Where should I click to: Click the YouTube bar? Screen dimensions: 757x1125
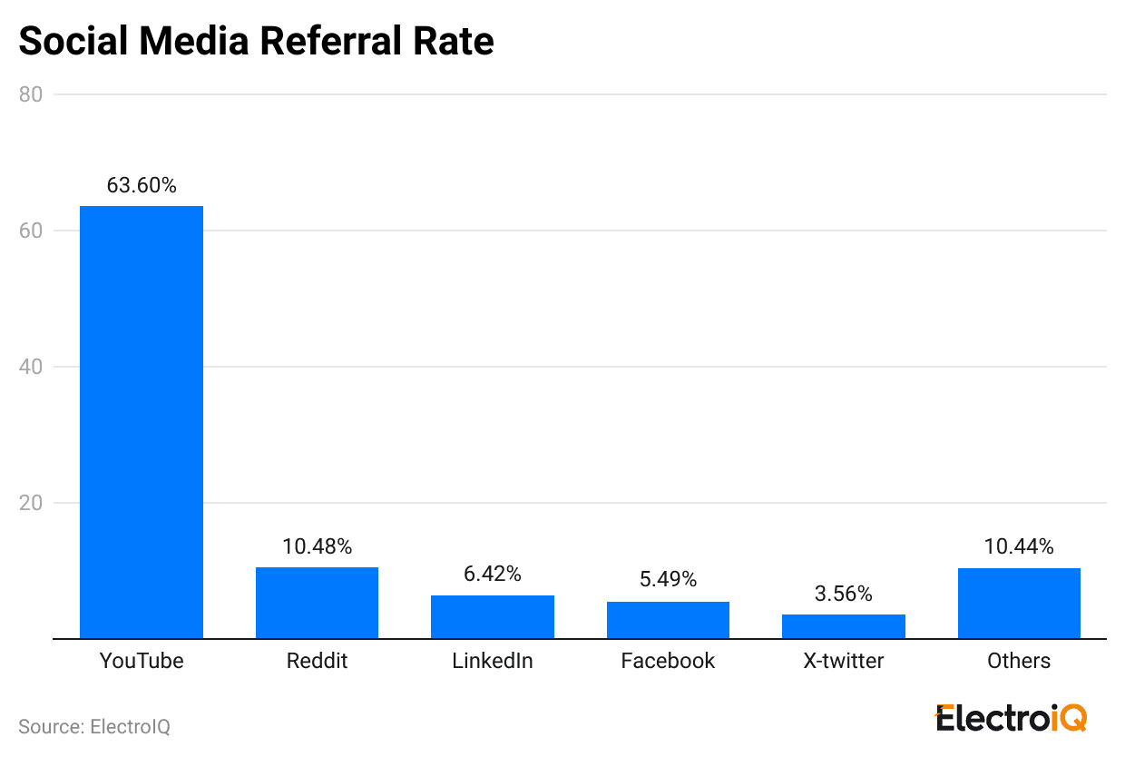(142, 422)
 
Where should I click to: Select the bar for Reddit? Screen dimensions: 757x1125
(317, 603)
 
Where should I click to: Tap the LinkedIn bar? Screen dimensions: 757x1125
(493, 617)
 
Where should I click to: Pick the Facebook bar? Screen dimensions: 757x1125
(668, 620)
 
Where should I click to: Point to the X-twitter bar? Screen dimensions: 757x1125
(844, 626)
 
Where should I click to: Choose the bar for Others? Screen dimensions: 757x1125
(1019, 604)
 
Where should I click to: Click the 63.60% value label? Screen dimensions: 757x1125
(142, 185)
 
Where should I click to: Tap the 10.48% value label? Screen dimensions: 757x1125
(317, 546)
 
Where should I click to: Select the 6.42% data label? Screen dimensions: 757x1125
(493, 574)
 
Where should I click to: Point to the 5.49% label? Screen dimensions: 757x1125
(668, 580)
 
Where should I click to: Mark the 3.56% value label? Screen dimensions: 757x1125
(844, 594)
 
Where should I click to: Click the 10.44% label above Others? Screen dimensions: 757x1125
(1019, 546)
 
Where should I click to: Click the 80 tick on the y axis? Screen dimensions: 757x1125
(31, 94)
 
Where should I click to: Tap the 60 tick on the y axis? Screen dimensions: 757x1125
(31, 231)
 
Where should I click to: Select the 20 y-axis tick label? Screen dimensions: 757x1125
(31, 503)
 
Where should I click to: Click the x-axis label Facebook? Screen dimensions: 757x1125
(668, 661)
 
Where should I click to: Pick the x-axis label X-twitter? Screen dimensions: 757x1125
(844, 661)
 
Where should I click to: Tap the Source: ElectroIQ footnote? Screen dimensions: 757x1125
(94, 727)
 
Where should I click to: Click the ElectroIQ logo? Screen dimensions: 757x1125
(1011, 718)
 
